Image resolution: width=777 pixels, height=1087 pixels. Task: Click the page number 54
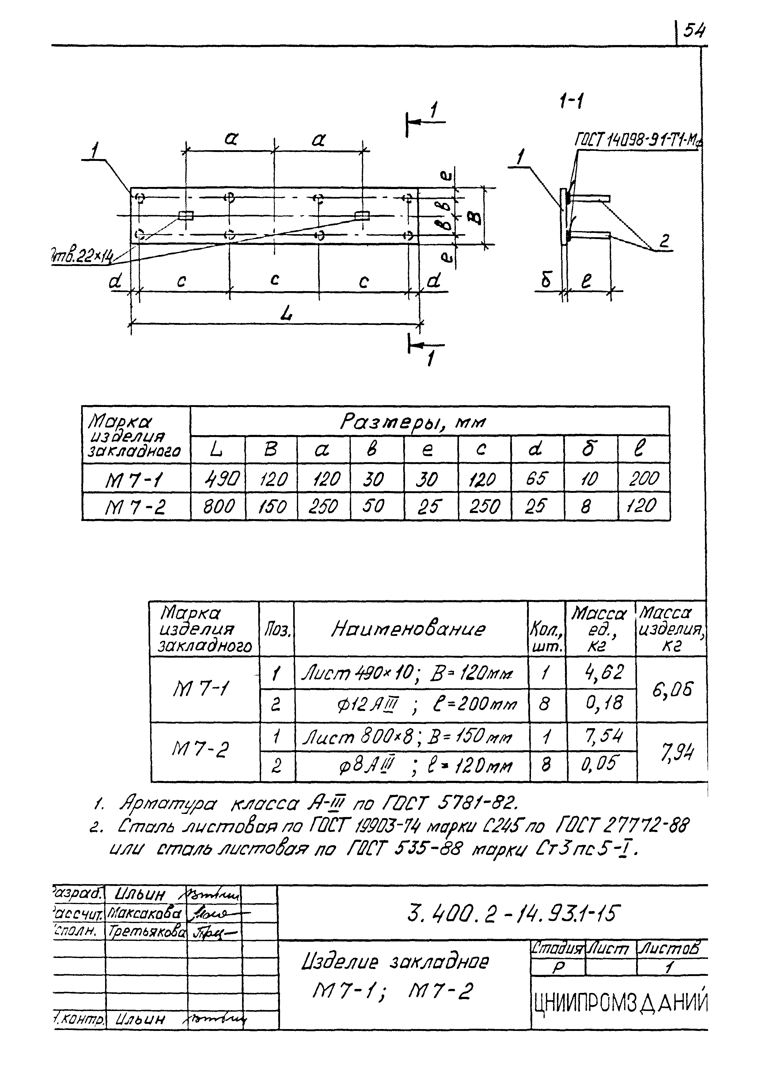pos(693,32)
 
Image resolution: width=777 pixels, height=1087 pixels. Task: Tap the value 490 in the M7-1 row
pos(218,478)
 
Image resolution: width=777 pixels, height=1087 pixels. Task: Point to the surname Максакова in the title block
pos(145,913)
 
